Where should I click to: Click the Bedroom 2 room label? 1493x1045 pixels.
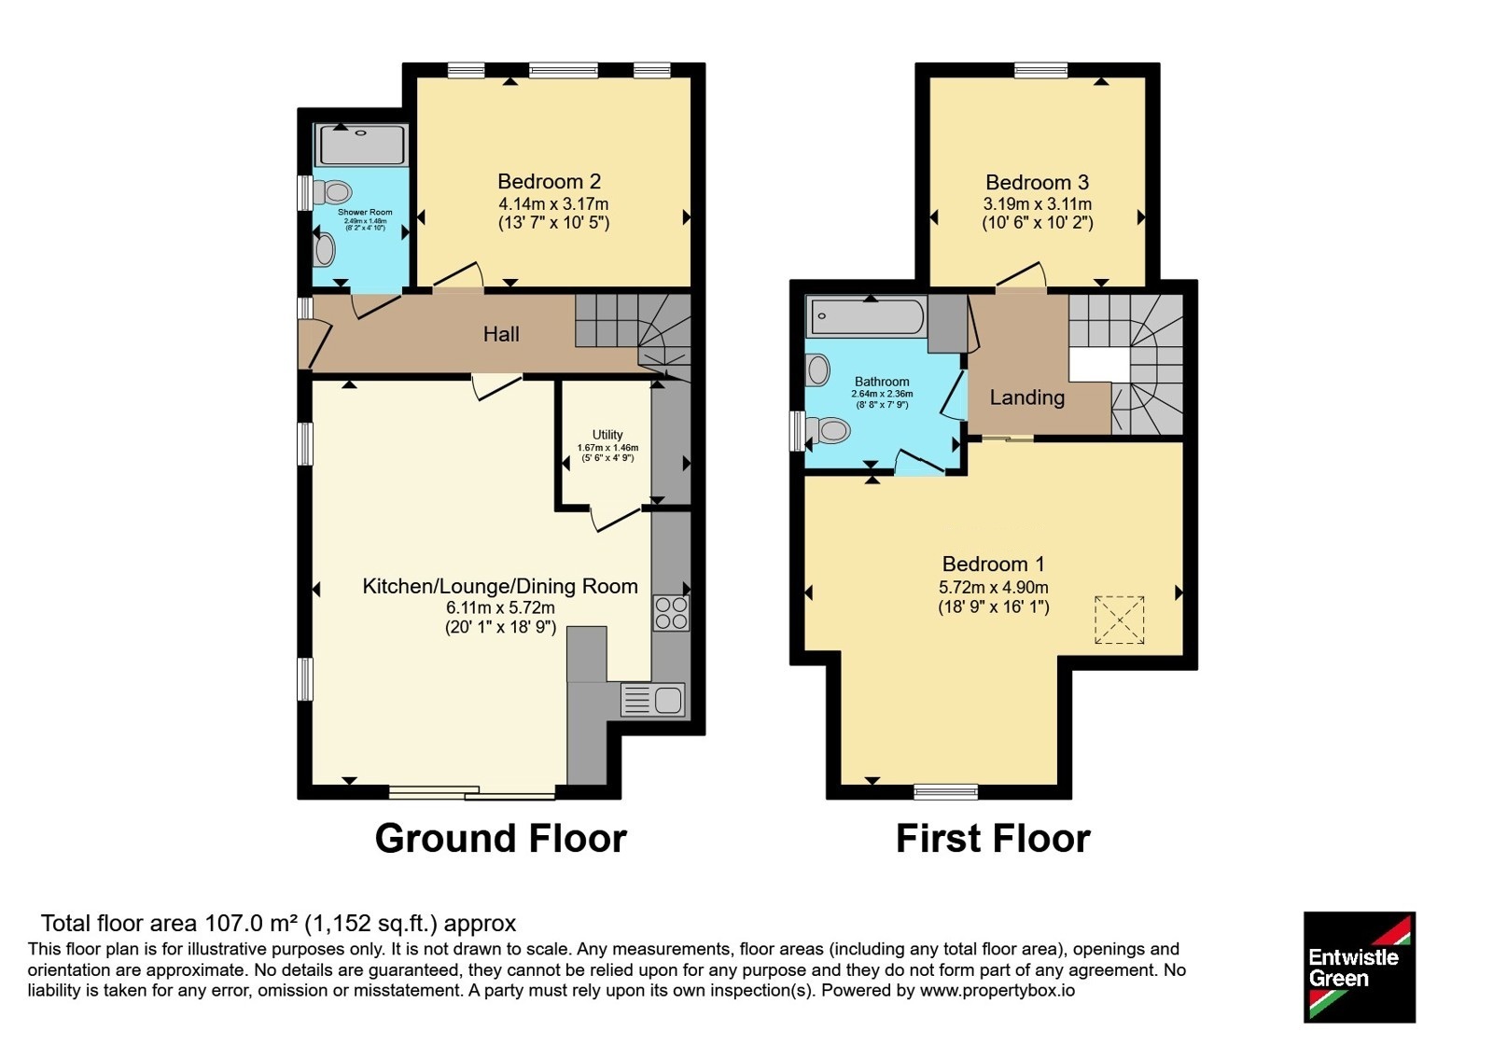coord(550,181)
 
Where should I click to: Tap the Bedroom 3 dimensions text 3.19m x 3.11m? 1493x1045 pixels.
coord(1037,204)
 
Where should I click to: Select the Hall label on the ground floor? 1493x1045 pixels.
coord(501,334)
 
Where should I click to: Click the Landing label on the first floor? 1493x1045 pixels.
coord(1027,397)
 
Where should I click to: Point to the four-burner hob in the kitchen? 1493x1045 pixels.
coord(671,613)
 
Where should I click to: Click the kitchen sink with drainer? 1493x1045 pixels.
coord(652,700)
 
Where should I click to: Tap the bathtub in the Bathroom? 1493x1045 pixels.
coord(867,317)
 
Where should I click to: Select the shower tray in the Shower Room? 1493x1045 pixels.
coord(360,145)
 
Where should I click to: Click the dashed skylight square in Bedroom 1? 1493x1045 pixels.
coord(1120,620)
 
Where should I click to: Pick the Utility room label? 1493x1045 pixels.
coord(607,435)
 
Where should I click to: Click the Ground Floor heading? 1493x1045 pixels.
coord(500,839)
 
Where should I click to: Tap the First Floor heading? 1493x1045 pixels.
coord(993,839)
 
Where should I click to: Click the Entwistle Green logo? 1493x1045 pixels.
coord(1360,967)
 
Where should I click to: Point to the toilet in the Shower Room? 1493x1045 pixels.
coord(332,192)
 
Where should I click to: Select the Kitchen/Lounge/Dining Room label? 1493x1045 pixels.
coord(500,586)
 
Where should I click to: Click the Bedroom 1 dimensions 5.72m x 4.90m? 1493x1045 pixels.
coord(993,587)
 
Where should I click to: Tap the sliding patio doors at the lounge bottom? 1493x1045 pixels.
coord(472,792)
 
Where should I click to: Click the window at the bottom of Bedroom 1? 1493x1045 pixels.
coord(946,792)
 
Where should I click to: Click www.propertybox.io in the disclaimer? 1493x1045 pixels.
coord(998,991)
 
